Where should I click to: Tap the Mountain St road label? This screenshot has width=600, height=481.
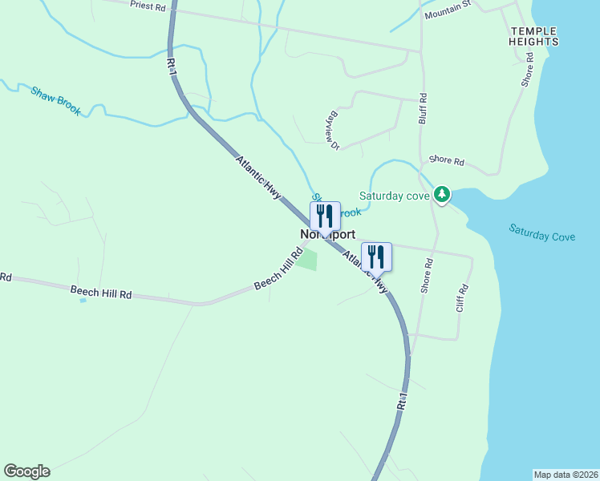(448, 10)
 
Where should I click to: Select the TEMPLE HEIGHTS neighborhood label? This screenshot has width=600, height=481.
(533, 36)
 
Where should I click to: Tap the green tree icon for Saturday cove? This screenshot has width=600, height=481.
(441, 195)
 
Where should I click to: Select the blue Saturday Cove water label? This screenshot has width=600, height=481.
(541, 232)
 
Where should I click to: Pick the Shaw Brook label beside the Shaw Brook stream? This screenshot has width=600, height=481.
(56, 100)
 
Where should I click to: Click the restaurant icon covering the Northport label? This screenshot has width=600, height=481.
(325, 216)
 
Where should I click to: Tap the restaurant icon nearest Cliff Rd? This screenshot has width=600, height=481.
(376, 257)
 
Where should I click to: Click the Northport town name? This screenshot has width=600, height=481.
(327, 235)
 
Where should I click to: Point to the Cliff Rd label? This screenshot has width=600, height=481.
(461, 298)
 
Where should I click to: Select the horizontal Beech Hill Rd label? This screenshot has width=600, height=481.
(100, 293)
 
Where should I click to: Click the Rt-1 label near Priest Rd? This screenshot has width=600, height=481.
(171, 67)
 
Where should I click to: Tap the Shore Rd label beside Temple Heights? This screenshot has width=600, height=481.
(527, 70)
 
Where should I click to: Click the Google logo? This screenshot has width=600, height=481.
(26, 471)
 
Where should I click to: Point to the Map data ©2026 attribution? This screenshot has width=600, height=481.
(566, 475)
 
